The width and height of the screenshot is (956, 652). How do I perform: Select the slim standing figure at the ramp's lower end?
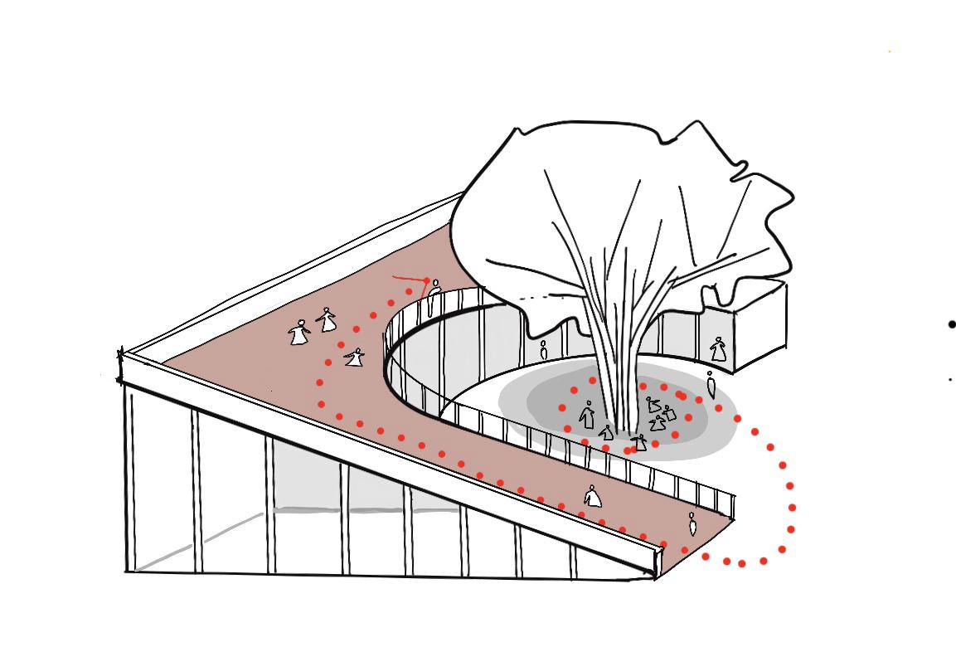pos(692,523)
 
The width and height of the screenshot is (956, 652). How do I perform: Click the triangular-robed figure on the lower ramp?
pos(592,496)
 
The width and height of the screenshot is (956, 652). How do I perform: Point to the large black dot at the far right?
pos(952,324)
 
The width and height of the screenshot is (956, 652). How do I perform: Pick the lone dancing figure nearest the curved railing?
pos(355,358)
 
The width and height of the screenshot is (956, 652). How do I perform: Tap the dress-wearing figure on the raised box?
pos(718,349)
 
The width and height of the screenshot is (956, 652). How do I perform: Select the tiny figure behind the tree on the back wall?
pos(544,349)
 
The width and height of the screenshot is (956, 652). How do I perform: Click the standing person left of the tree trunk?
pos(587,414)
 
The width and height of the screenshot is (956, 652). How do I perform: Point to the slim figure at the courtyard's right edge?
pos(711,385)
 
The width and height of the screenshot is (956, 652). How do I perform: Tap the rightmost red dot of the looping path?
pos(793,507)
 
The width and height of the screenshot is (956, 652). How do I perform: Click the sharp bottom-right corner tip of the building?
pos(654,577)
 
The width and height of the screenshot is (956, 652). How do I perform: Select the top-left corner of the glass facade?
pos(122,357)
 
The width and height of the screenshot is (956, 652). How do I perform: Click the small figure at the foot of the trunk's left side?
pos(607,432)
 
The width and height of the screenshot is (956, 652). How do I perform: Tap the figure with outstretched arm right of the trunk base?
pos(639,442)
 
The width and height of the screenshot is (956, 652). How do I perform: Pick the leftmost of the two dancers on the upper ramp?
pos(298,333)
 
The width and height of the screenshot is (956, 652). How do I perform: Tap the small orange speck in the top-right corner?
pos(890,51)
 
